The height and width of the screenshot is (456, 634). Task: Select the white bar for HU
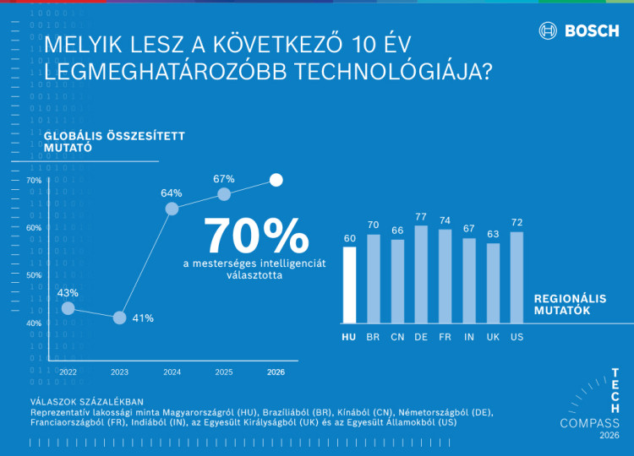click(349, 285)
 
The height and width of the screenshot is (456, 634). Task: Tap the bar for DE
click(421, 274)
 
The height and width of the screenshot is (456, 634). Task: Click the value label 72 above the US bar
click(516, 223)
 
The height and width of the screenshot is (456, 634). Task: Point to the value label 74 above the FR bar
click(445, 220)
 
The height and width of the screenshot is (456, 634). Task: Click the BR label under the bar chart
click(373, 337)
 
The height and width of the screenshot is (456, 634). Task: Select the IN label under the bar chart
click(468, 337)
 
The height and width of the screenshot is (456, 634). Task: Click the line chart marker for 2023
click(119, 318)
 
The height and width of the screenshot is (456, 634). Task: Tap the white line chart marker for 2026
click(276, 180)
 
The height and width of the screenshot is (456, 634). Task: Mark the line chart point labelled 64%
click(172, 209)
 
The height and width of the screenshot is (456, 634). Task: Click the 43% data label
click(68, 293)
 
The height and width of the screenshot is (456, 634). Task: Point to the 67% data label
click(224, 179)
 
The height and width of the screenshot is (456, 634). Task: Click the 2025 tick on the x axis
click(223, 372)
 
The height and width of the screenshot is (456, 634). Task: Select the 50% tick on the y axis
click(34, 275)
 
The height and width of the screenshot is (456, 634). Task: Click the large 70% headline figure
click(256, 236)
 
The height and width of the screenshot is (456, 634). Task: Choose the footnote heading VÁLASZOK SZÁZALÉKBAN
click(86, 401)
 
